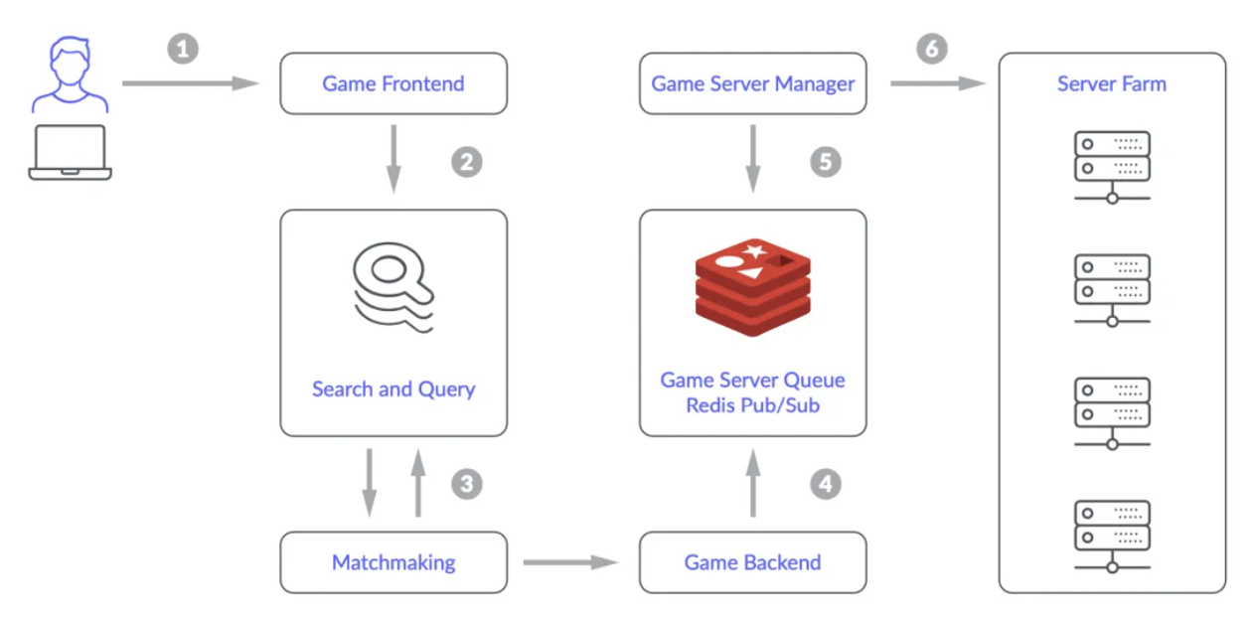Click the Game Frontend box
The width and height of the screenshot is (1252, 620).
coord(393,83)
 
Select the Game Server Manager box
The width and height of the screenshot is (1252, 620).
coord(753,83)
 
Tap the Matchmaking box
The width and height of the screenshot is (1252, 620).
coord(393,562)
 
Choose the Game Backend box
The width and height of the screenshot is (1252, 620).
coord(753,562)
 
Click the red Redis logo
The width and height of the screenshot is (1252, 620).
coord(753,287)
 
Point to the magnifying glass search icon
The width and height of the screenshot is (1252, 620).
coord(393,287)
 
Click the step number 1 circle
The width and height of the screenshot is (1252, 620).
coord(183,49)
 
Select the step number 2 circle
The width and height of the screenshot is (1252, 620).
coord(467,162)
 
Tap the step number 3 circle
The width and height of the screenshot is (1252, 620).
coord(467,484)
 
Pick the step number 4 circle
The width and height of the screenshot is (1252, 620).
coord(826,484)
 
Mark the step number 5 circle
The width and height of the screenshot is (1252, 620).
coord(826,162)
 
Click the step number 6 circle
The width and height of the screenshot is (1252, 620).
coord(932,49)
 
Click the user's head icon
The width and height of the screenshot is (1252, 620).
coord(70,62)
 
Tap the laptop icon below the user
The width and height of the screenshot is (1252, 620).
coord(70,152)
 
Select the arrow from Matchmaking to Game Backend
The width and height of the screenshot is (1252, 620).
coord(570,562)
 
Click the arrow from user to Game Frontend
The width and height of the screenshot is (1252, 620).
coord(191,83)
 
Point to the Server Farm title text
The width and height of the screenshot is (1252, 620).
coord(1112,83)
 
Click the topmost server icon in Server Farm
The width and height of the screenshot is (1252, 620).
coord(1112,167)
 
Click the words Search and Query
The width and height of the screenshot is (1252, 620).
coord(393,389)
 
